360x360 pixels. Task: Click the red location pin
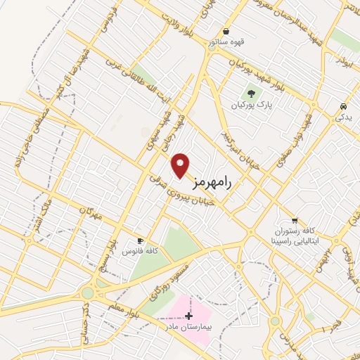[x=181, y=165]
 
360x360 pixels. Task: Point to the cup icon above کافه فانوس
[x=140, y=240]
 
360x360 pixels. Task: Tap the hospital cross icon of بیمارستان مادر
[x=188, y=316]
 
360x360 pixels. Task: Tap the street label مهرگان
[x=91, y=214]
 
